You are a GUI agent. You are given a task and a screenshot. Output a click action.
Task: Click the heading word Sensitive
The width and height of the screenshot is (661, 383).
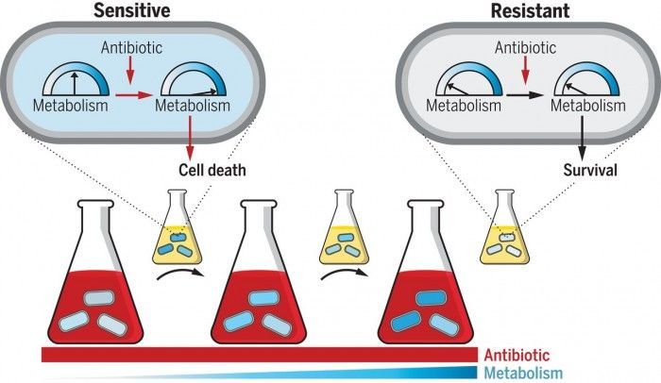(132, 10)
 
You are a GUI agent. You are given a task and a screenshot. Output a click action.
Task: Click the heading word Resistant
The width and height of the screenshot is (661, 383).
(530, 10)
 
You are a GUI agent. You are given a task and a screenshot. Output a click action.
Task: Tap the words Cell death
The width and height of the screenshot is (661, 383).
(212, 170)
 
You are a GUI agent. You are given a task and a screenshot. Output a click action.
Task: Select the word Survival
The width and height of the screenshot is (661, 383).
(590, 170)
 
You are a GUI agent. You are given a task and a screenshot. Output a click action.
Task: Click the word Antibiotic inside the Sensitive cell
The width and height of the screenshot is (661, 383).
(131, 47)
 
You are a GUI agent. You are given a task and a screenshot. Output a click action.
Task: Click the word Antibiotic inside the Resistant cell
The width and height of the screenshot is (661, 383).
(525, 47)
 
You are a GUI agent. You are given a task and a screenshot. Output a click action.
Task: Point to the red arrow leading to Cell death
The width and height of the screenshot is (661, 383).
(190, 137)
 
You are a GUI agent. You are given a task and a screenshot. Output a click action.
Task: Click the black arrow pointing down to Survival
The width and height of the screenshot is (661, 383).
(583, 137)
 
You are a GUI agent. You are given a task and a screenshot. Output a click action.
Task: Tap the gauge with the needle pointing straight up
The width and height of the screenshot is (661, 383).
(76, 79)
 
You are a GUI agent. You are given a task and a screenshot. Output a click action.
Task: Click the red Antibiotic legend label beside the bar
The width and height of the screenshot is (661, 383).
(517, 356)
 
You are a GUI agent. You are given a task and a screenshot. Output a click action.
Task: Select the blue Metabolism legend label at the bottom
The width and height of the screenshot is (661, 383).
(523, 373)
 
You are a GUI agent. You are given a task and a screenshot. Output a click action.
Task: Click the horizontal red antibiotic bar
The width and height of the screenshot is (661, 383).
(260, 355)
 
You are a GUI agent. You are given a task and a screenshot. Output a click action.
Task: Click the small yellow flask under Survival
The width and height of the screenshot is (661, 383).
(504, 226)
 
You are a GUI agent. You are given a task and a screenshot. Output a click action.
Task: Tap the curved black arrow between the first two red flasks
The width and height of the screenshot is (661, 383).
(180, 274)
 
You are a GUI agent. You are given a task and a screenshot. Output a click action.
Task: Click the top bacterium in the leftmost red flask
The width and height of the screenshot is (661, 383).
(98, 298)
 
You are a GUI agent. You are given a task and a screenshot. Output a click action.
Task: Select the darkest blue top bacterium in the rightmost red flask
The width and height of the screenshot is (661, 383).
(431, 298)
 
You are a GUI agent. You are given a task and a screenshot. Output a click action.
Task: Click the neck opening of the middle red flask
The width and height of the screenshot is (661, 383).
(259, 204)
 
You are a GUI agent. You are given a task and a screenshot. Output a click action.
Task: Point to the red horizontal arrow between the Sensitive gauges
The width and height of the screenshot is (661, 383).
(133, 95)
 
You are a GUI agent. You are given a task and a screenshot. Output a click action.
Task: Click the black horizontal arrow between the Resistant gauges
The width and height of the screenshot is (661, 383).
(525, 95)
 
